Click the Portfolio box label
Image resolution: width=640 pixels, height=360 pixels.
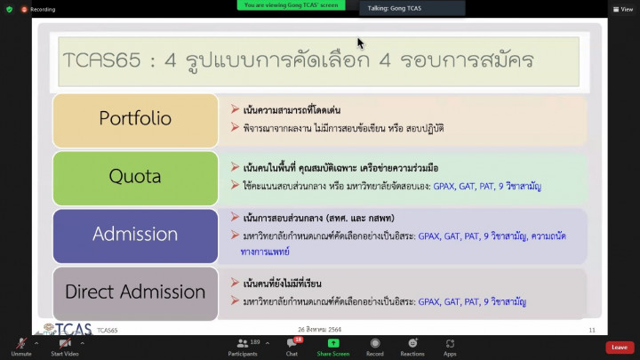pyautogui.click(x=135, y=118)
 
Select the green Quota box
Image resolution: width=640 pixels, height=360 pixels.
pyautogui.click(x=135, y=179)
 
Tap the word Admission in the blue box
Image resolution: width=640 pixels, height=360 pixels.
pyautogui.click(x=135, y=234)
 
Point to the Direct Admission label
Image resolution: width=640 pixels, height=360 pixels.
pyautogui.click(x=135, y=292)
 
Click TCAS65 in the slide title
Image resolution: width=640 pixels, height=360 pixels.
pyautogui.click(x=102, y=60)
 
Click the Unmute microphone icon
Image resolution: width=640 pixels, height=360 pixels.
pyautogui.click(x=21, y=343)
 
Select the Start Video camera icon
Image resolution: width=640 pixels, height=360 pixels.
pyautogui.click(x=65, y=343)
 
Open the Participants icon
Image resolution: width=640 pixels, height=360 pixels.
pyautogui.click(x=243, y=343)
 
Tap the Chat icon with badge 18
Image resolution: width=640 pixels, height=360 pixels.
pyautogui.click(x=292, y=343)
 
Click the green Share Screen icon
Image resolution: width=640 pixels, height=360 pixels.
pyautogui.click(x=333, y=343)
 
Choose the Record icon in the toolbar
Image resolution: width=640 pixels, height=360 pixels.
pyautogui.click(x=375, y=343)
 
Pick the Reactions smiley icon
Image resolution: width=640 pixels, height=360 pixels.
pyautogui.click(x=412, y=343)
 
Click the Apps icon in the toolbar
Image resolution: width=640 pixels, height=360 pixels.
pyautogui.click(x=450, y=343)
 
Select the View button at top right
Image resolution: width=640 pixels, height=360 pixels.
pyautogui.click(x=623, y=10)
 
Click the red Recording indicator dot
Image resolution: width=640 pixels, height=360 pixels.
pyautogui.click(x=24, y=10)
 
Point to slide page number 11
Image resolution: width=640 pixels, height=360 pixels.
pyautogui.click(x=592, y=330)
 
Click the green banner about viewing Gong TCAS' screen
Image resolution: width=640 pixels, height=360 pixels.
pyautogui.click(x=291, y=5)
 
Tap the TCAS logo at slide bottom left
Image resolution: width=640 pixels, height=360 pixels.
pyautogui.click(x=68, y=329)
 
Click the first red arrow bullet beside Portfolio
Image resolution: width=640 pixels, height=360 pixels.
pyautogui.click(x=235, y=109)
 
